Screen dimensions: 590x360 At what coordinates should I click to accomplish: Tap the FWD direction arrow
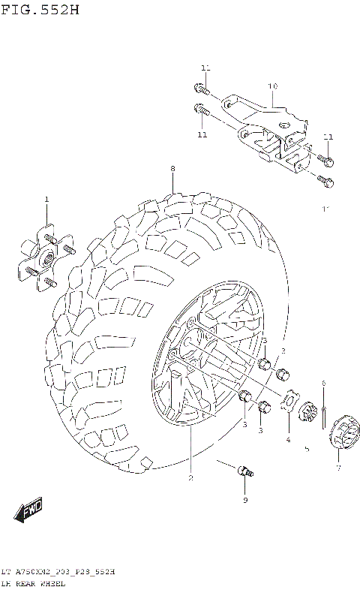point(29,511)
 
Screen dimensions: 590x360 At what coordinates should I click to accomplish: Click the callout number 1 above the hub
point(46,200)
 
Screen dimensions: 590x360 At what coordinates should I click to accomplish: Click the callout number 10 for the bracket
point(272,86)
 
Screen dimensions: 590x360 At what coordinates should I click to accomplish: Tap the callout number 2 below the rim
point(190,478)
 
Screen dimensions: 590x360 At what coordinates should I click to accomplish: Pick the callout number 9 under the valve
point(244,500)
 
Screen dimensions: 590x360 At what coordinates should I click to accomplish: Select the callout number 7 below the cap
point(337,468)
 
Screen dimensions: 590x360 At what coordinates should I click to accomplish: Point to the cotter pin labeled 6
point(324,413)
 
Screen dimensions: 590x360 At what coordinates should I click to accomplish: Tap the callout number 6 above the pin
point(323,384)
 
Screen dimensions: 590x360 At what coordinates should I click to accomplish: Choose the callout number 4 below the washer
point(287,440)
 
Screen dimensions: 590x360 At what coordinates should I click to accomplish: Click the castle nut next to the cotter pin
point(307,414)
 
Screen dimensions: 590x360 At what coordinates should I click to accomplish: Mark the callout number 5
point(306,450)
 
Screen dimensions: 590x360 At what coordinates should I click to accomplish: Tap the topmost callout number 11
point(205,68)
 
